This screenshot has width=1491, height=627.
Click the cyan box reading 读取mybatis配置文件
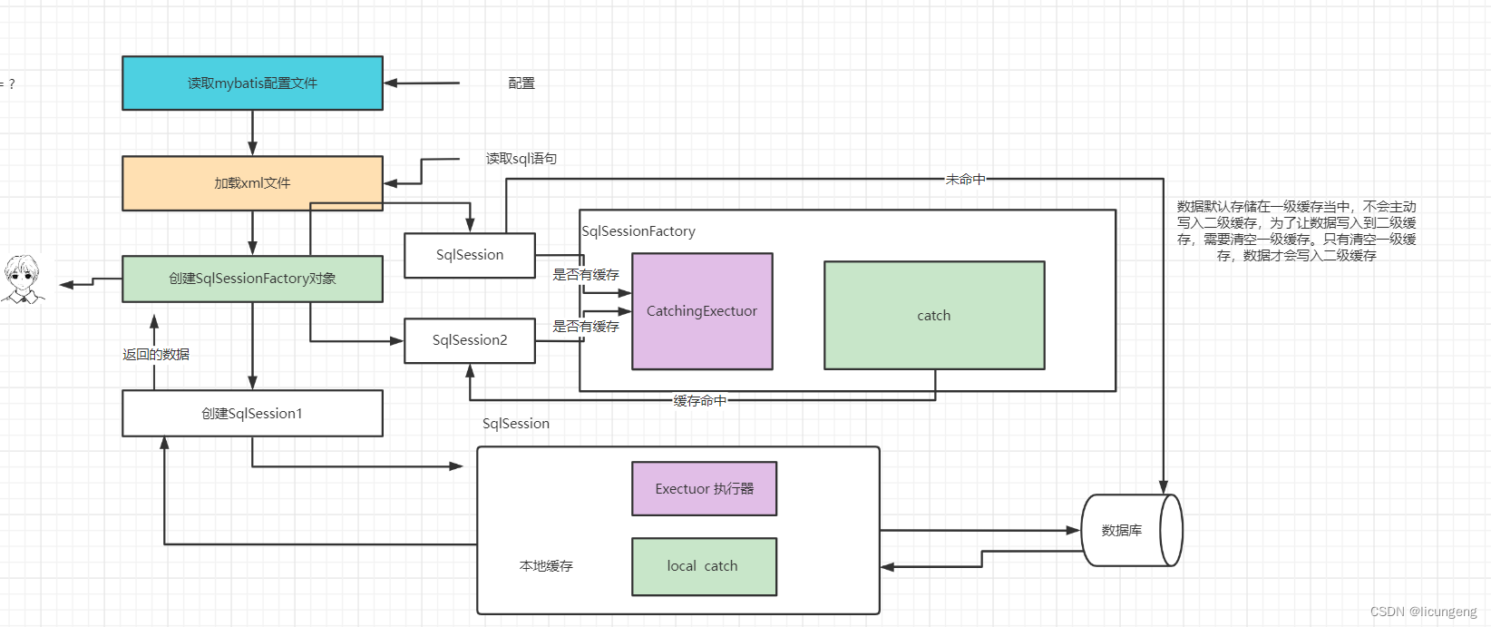click(x=252, y=83)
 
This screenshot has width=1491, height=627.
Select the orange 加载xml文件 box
click(x=252, y=183)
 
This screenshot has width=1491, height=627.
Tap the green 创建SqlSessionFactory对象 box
click(x=252, y=279)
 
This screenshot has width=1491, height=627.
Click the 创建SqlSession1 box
click(x=252, y=414)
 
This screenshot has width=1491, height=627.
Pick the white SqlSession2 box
click(x=470, y=340)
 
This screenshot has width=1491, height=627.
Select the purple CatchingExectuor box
click(x=702, y=311)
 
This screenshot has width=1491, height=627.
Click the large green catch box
click(x=934, y=316)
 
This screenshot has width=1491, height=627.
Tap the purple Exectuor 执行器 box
click(x=704, y=489)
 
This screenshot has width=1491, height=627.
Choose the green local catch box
click(x=704, y=566)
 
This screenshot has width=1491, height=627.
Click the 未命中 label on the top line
click(x=965, y=180)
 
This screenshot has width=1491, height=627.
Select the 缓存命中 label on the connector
click(x=699, y=400)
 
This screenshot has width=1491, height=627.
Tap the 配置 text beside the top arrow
click(x=521, y=83)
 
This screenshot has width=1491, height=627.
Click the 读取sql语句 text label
click(x=521, y=159)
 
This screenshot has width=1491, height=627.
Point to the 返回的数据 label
click(x=156, y=355)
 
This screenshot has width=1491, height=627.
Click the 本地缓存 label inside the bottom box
click(x=546, y=566)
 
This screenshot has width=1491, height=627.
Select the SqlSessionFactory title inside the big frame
click(x=638, y=231)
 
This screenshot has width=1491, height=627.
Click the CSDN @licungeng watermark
click(x=1423, y=612)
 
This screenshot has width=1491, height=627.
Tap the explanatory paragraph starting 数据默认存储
click(x=1296, y=231)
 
